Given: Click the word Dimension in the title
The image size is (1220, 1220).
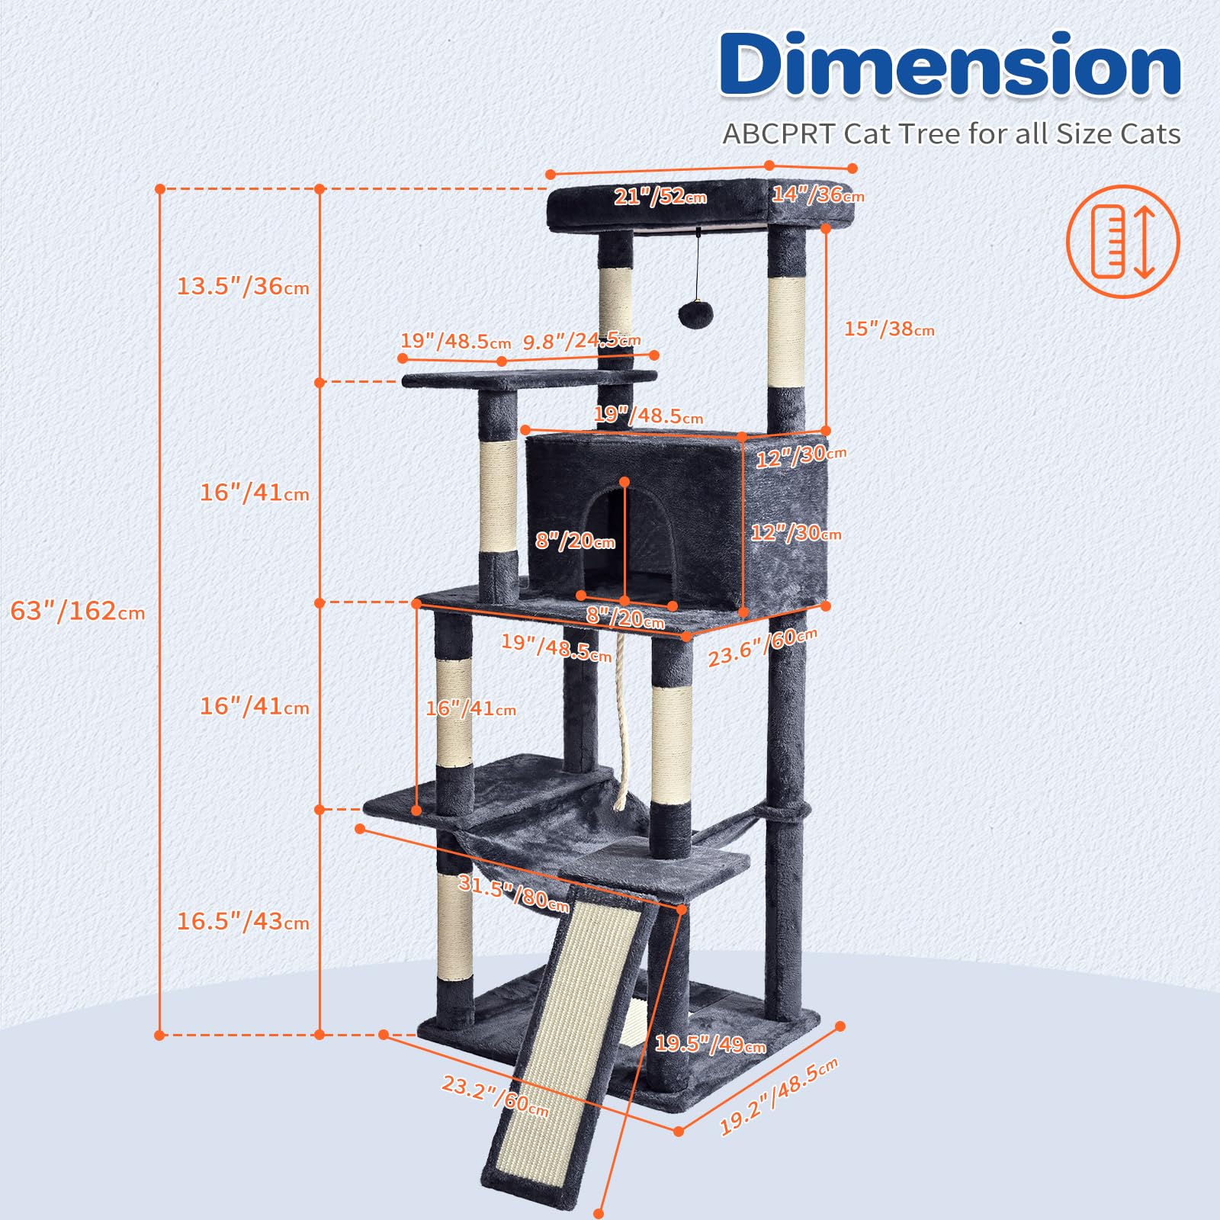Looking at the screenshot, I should pyautogui.click(x=950, y=66).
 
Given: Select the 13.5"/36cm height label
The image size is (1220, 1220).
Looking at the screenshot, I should pyautogui.click(x=243, y=286).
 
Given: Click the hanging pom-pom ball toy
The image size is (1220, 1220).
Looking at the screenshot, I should pyautogui.click(x=696, y=313).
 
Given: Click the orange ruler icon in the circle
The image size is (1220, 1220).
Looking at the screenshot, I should pyautogui.click(x=1122, y=241).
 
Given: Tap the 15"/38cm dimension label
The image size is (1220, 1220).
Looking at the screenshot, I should pyautogui.click(x=889, y=329).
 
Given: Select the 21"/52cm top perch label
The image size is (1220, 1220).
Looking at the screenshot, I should pyautogui.click(x=660, y=196).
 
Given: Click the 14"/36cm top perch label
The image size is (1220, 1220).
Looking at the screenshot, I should pyautogui.click(x=817, y=194).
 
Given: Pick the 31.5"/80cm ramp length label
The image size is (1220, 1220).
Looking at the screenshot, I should pyautogui.click(x=514, y=893).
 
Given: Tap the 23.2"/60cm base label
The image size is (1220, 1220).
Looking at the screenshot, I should pyautogui.click(x=495, y=1096).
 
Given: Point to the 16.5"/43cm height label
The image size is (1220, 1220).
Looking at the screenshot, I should pyautogui.click(x=243, y=921).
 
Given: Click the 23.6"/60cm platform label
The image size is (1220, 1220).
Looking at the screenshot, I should pyautogui.click(x=762, y=647).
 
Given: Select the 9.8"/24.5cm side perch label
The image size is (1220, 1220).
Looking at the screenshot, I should pyautogui.click(x=581, y=341).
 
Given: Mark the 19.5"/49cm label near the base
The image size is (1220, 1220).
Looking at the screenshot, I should pyautogui.click(x=710, y=1043).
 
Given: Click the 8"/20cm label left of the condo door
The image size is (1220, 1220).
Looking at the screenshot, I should pyautogui.click(x=575, y=541).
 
